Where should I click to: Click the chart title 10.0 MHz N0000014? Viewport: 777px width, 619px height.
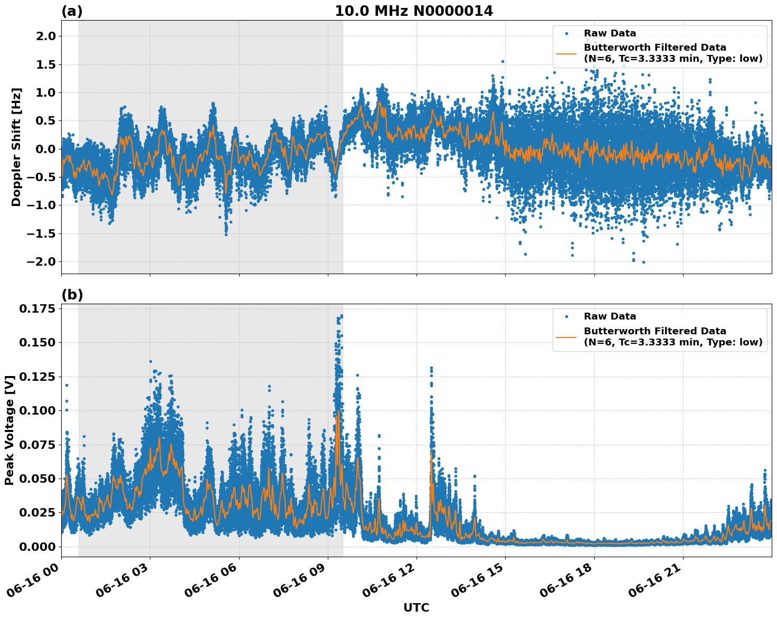(413, 11)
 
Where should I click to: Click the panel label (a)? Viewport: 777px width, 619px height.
(72, 11)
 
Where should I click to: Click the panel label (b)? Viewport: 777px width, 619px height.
(72, 295)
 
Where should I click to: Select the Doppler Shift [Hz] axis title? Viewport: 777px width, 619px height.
(16, 147)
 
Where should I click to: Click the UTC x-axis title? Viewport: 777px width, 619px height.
(416, 607)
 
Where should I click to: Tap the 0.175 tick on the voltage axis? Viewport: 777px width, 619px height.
(37, 308)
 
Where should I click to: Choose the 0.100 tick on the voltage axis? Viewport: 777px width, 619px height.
(37, 410)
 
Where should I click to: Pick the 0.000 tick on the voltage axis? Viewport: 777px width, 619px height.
(37, 547)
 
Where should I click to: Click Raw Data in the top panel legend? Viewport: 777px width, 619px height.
(610, 33)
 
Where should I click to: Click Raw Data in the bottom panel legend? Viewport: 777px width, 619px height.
(610, 316)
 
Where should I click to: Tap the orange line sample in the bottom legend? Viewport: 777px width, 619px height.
(566, 336)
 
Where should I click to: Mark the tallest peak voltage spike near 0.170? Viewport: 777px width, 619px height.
(342, 316)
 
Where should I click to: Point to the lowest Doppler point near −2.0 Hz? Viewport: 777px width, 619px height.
(643, 262)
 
